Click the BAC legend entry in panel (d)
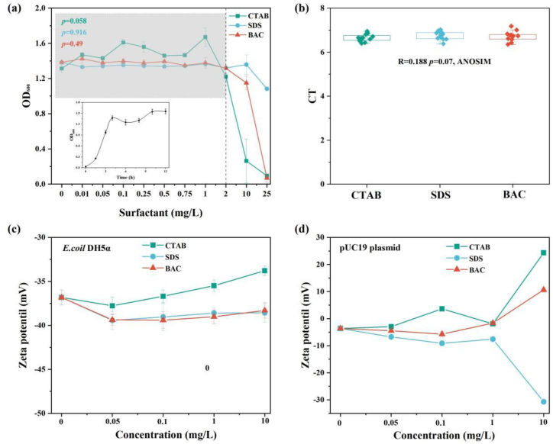(467, 270)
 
